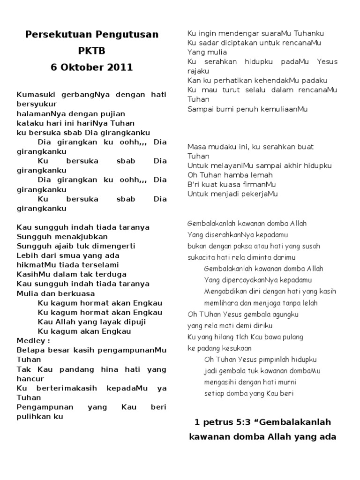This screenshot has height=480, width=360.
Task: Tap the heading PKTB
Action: coord(91,51)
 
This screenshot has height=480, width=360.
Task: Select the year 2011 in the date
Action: coord(120,67)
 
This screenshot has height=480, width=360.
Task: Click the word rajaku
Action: coord(198,71)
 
